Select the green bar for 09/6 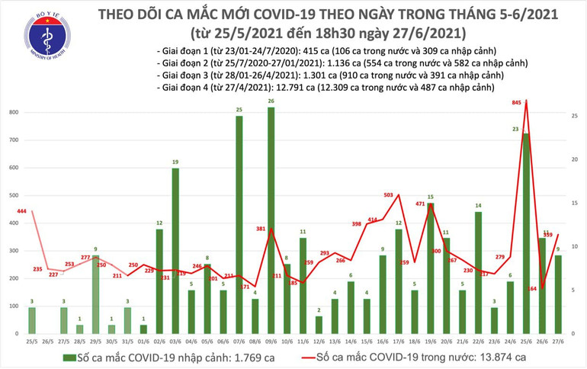[x=271, y=221]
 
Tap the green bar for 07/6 [x=239, y=225]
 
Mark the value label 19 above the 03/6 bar [x=175, y=162]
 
